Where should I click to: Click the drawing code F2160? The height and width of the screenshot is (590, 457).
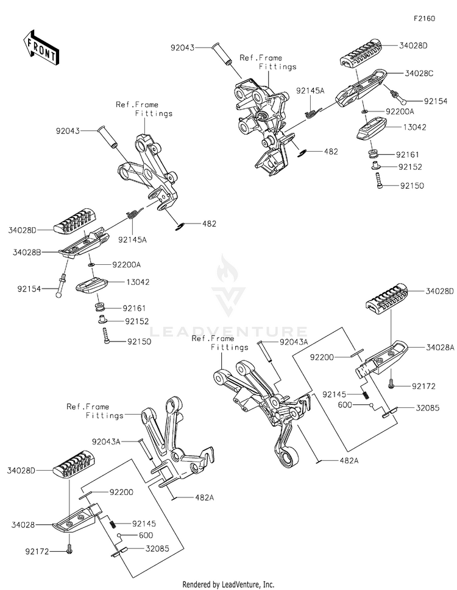424,19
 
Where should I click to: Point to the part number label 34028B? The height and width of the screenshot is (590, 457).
25,251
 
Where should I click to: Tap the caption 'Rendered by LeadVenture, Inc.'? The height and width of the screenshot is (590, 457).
228,584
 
